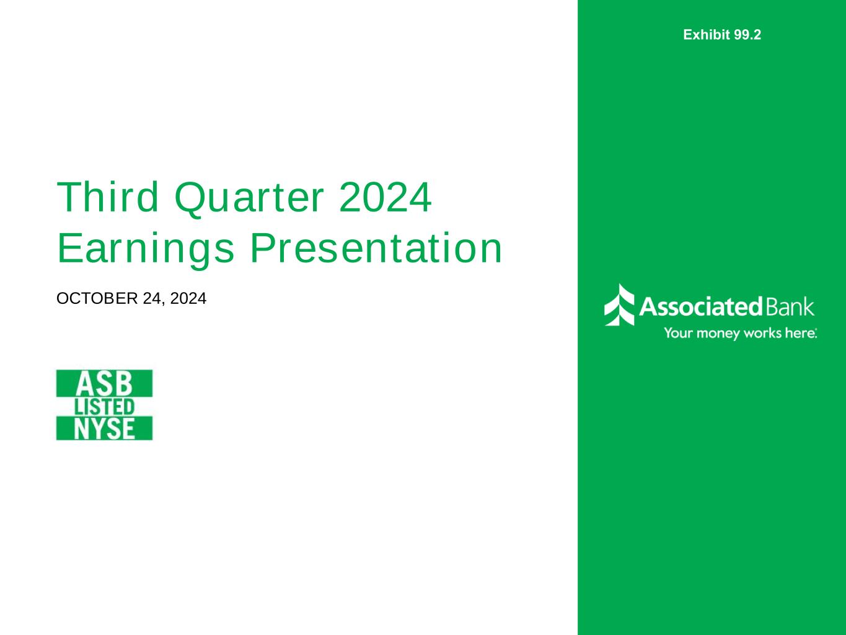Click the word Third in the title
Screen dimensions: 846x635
(x=108, y=197)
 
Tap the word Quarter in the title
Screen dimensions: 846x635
(x=249, y=198)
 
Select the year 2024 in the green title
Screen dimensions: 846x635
(x=386, y=197)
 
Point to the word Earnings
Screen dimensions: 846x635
(x=146, y=250)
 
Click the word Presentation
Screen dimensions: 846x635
(x=376, y=248)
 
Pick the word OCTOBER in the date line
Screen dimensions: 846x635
(x=97, y=298)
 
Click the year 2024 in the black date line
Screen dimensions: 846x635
(x=188, y=298)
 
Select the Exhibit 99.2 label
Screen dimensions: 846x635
(x=722, y=35)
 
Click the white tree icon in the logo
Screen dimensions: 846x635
(x=619, y=304)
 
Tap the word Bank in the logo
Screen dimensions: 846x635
(x=790, y=307)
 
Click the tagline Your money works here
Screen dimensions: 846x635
(x=741, y=333)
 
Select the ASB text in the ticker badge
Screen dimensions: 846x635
(x=105, y=384)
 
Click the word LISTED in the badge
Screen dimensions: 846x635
(x=105, y=407)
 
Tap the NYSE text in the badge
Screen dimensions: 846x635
(x=105, y=429)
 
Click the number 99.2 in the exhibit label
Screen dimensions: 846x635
(x=747, y=35)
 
